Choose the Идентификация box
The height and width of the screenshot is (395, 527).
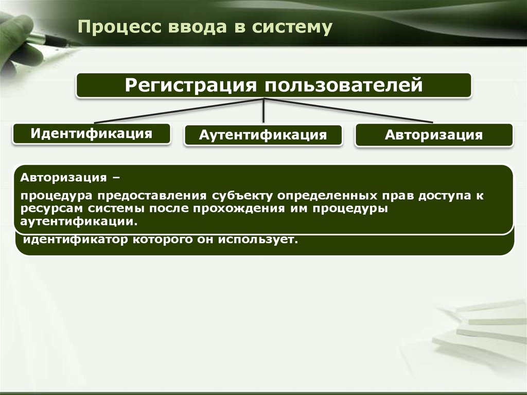click(x=92, y=133)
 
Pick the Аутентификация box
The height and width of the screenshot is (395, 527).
click(x=263, y=135)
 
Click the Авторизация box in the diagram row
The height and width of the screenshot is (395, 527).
click(x=433, y=135)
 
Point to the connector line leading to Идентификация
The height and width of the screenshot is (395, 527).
click(x=175, y=111)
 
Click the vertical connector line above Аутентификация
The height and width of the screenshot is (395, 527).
click(x=264, y=111)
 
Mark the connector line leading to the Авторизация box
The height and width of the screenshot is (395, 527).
click(x=355, y=111)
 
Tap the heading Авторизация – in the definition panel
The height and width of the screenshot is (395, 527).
click(x=69, y=178)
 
